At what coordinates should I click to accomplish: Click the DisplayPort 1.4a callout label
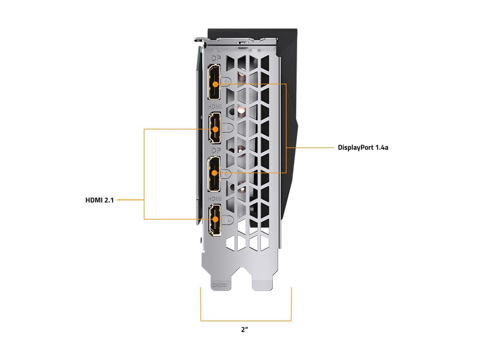(363, 147)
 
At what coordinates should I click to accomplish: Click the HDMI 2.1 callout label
(99, 200)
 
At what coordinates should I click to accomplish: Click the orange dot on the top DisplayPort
(216, 84)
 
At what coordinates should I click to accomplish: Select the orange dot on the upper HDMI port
(215, 129)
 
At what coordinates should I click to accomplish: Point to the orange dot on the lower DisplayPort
(214, 173)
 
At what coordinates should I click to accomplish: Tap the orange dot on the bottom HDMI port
(215, 219)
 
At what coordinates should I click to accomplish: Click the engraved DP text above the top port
(216, 58)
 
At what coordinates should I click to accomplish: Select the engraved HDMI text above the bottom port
(214, 199)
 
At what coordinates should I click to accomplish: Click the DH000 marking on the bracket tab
(219, 285)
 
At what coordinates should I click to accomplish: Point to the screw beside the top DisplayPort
(227, 82)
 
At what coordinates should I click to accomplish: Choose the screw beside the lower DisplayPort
(227, 174)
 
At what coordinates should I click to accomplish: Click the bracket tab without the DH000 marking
(262, 284)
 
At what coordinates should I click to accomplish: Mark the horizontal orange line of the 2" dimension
(246, 321)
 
